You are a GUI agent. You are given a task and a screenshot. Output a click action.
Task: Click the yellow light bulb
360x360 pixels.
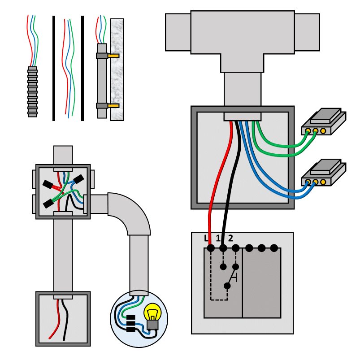(x=152, y=312)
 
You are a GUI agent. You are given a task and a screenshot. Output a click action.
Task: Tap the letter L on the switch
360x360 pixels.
(x=206, y=238)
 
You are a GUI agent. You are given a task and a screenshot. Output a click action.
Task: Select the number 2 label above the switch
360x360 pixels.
(x=230, y=238)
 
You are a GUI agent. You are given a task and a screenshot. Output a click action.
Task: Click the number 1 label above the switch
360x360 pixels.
(x=218, y=238)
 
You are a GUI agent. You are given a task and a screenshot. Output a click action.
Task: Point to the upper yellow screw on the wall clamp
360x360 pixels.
(x=113, y=56)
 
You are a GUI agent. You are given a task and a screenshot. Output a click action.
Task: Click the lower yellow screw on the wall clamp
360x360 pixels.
(x=113, y=106)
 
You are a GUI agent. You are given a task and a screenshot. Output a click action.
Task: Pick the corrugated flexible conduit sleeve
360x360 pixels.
(x=32, y=92)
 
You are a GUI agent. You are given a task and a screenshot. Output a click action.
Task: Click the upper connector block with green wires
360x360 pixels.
(x=324, y=121)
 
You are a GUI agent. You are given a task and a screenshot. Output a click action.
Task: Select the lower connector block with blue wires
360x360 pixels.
(x=324, y=173)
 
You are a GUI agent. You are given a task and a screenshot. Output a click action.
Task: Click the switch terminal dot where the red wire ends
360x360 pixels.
(x=211, y=248)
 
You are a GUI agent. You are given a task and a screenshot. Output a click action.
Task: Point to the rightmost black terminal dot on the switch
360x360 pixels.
(x=274, y=248)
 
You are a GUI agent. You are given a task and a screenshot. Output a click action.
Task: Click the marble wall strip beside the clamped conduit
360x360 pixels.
(x=117, y=69)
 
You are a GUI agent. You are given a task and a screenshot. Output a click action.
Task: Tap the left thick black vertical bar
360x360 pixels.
(x=54, y=68)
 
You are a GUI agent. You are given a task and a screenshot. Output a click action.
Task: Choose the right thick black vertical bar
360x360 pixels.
(x=82, y=68)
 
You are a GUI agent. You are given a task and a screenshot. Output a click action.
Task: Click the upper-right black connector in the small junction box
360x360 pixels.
(x=78, y=179)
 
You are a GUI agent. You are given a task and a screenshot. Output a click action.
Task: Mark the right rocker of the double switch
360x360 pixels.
(x=262, y=283)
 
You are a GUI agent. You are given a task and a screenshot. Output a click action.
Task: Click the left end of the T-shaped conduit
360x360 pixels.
(x=178, y=32)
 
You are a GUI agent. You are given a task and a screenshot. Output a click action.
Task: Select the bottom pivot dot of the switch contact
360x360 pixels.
(x=227, y=286)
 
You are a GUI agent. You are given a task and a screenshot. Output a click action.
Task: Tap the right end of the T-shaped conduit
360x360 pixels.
(x=307, y=32)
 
